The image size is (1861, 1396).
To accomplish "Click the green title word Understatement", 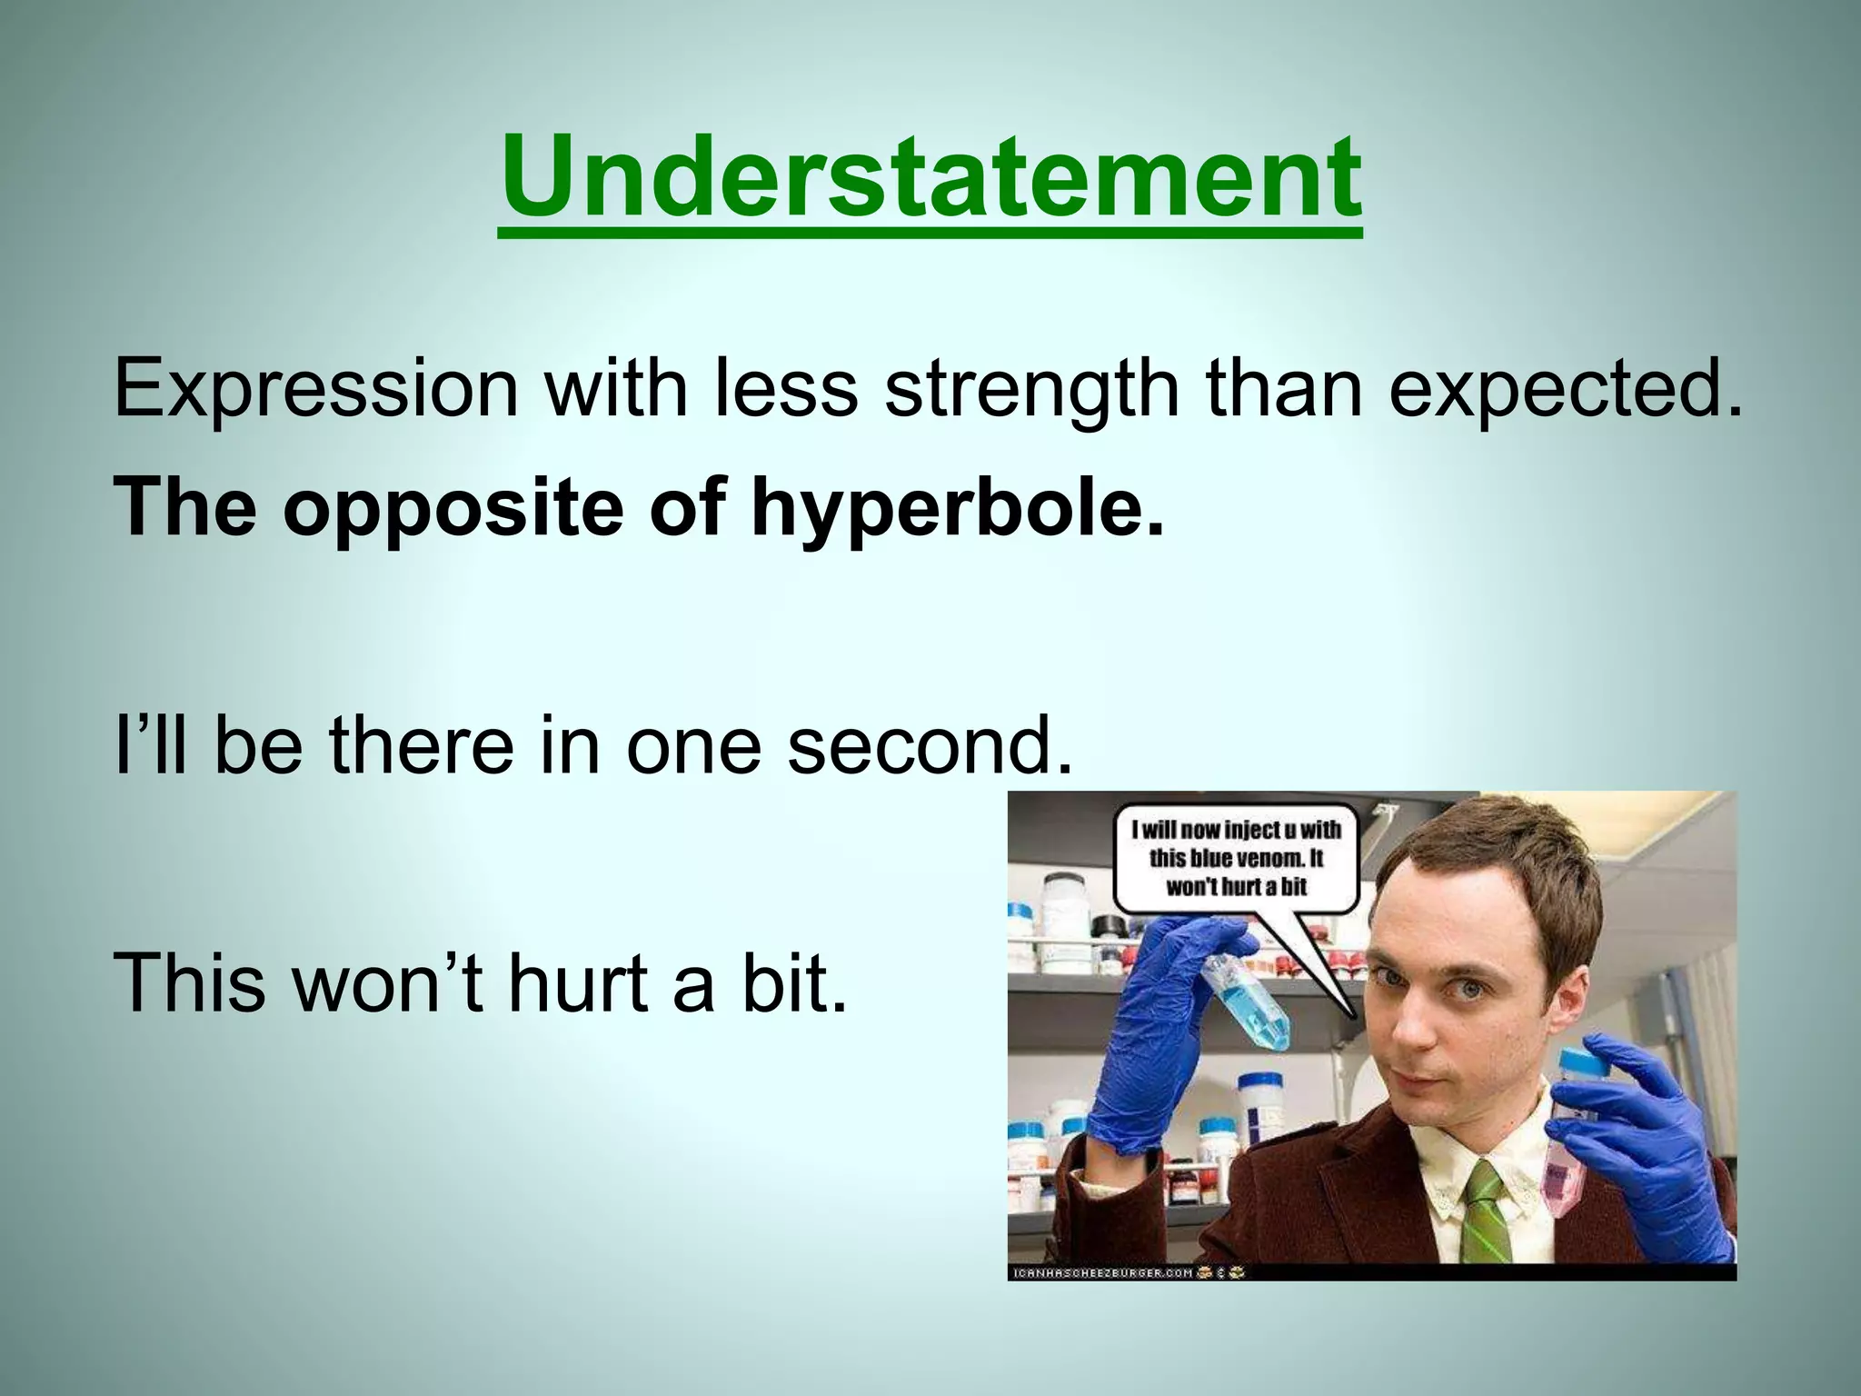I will click(x=930, y=177).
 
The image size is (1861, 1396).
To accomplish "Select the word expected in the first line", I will click(x=1563, y=389).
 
